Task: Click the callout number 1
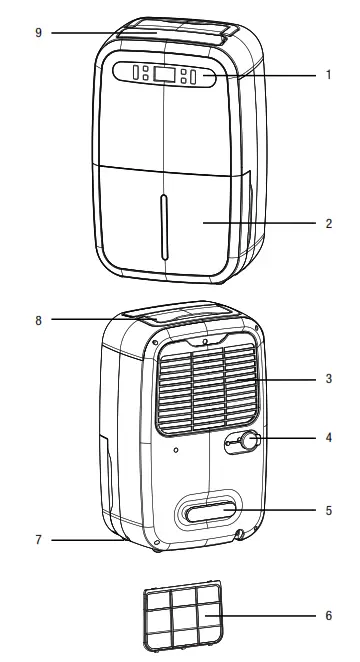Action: click(x=328, y=74)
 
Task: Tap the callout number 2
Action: click(x=328, y=223)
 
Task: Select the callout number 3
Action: click(x=328, y=380)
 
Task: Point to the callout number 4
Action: click(x=328, y=437)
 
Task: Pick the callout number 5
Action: click(x=328, y=510)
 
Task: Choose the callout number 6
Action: click(x=328, y=616)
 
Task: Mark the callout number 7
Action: click(x=38, y=540)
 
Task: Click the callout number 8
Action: click(x=38, y=320)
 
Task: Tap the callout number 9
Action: click(x=38, y=33)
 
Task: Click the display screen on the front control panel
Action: click(x=166, y=74)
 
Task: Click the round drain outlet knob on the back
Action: click(x=247, y=441)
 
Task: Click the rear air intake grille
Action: click(x=207, y=391)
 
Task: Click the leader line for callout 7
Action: click(x=85, y=541)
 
